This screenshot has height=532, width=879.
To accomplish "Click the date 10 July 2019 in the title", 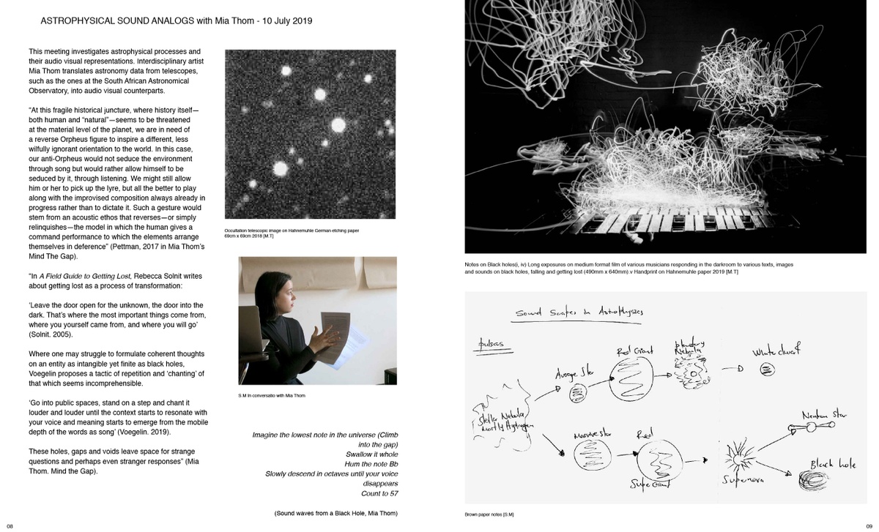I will (281, 20).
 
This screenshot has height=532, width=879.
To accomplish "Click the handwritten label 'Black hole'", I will (834, 465).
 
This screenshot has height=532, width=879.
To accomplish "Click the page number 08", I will (10, 525).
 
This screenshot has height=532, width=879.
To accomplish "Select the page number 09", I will (869, 525).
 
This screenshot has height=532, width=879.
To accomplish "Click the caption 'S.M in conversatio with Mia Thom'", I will (271, 395).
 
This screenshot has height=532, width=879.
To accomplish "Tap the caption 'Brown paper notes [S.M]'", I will (489, 514).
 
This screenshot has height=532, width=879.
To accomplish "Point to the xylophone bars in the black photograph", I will (659, 220).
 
